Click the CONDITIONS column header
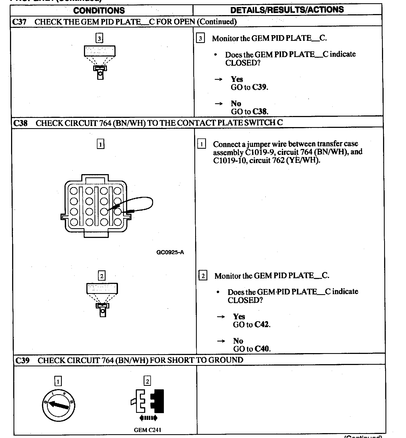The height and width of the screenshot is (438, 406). pos(99,11)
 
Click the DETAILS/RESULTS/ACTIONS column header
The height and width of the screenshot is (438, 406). pos(287,10)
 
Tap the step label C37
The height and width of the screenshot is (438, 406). pos(19,22)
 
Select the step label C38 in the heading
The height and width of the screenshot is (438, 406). pos(20,123)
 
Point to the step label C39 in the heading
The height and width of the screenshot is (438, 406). pos(22,360)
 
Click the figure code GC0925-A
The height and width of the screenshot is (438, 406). pos(170,252)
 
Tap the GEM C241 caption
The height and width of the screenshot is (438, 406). pos(147,430)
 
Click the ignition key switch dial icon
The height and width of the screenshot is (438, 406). pos(59,405)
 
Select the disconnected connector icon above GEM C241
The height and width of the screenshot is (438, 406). pos(148,401)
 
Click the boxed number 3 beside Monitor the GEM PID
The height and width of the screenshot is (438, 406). pos(200,38)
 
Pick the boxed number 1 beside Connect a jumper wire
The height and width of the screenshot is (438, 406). pos(202,144)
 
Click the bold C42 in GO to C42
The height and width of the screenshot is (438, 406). pos(262,324)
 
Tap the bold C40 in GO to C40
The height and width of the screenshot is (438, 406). pos(262,349)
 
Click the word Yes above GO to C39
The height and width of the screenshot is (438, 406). pos(237,79)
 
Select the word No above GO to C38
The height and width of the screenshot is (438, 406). pos(236,104)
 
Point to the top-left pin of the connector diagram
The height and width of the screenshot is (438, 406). pos(74,191)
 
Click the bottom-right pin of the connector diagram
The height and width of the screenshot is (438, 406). pos(117,222)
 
